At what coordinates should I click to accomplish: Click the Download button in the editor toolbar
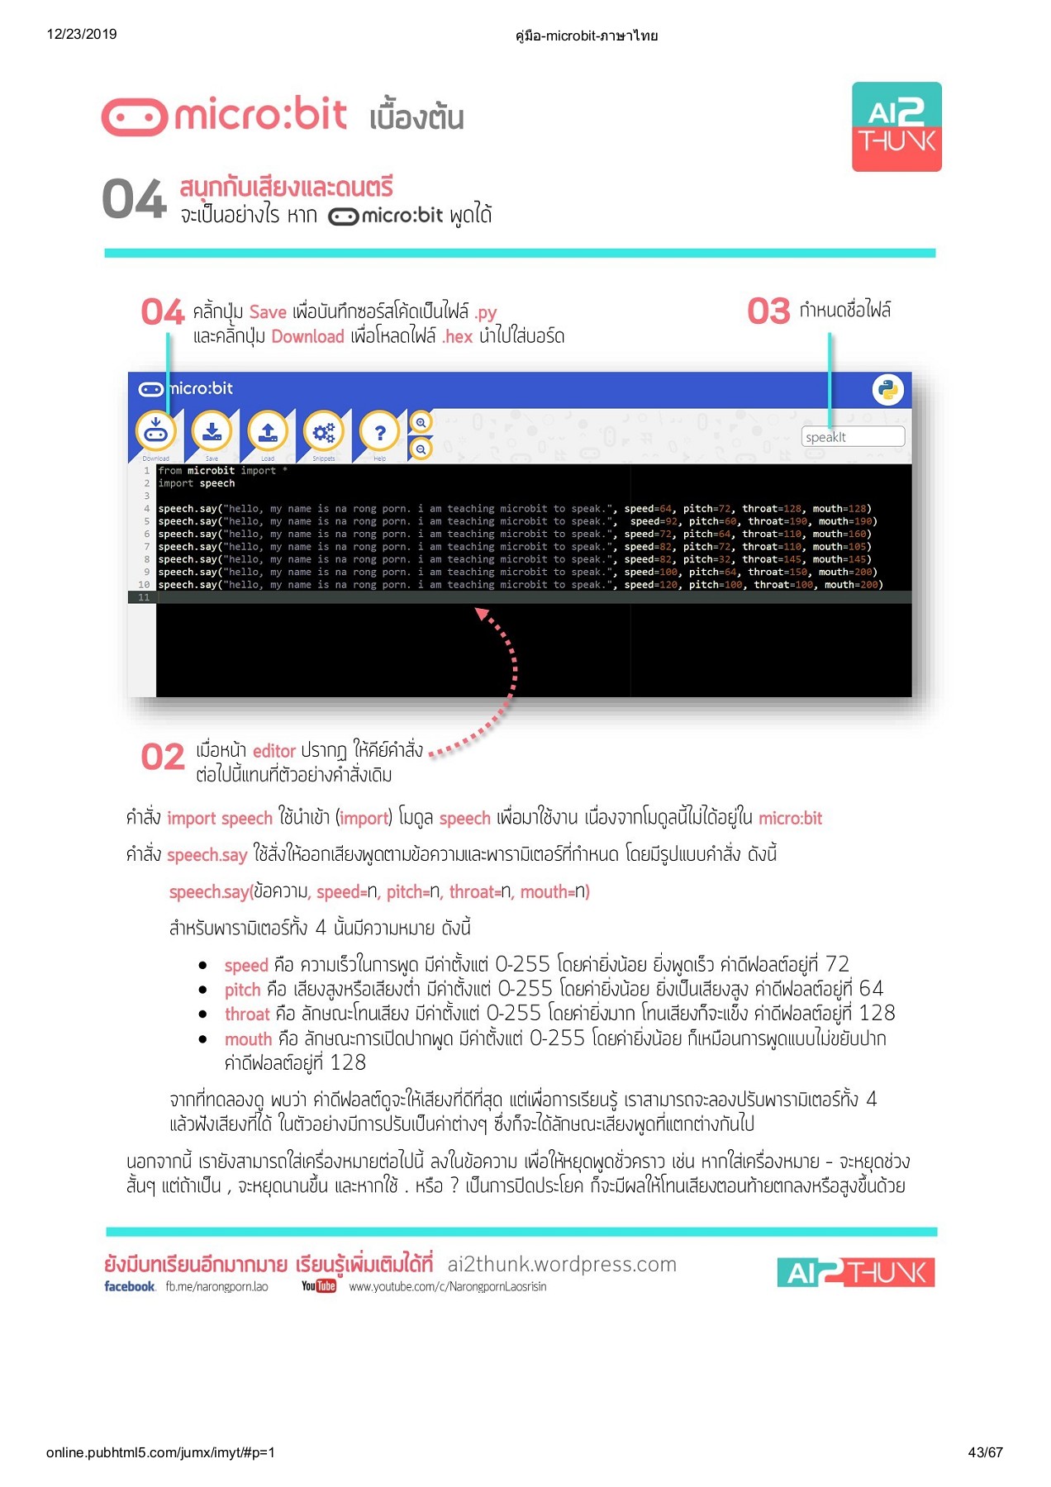(x=155, y=431)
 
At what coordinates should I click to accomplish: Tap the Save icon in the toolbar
(x=212, y=431)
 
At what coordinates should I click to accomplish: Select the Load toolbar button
(x=268, y=431)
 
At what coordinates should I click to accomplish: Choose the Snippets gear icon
(x=324, y=431)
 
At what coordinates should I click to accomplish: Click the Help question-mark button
(x=379, y=431)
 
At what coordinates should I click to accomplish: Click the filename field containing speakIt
(x=852, y=437)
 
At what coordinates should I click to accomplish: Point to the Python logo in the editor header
(x=887, y=390)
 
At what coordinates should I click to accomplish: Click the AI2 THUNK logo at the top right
(x=896, y=126)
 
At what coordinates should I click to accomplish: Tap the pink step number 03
(x=768, y=311)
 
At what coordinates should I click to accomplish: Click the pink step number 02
(x=162, y=758)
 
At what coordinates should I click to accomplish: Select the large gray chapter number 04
(x=134, y=201)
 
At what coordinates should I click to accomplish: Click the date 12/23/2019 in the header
(x=82, y=34)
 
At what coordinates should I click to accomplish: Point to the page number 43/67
(x=985, y=1451)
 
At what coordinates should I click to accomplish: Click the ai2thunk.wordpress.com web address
(x=562, y=1264)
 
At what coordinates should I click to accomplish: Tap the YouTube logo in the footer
(x=319, y=1286)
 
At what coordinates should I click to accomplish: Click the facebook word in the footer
(x=130, y=1286)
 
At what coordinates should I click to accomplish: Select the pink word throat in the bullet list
(x=247, y=1014)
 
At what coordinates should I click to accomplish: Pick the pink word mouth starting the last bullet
(x=248, y=1039)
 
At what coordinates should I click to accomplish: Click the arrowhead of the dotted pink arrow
(x=481, y=613)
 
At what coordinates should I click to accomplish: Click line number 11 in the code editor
(x=144, y=597)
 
